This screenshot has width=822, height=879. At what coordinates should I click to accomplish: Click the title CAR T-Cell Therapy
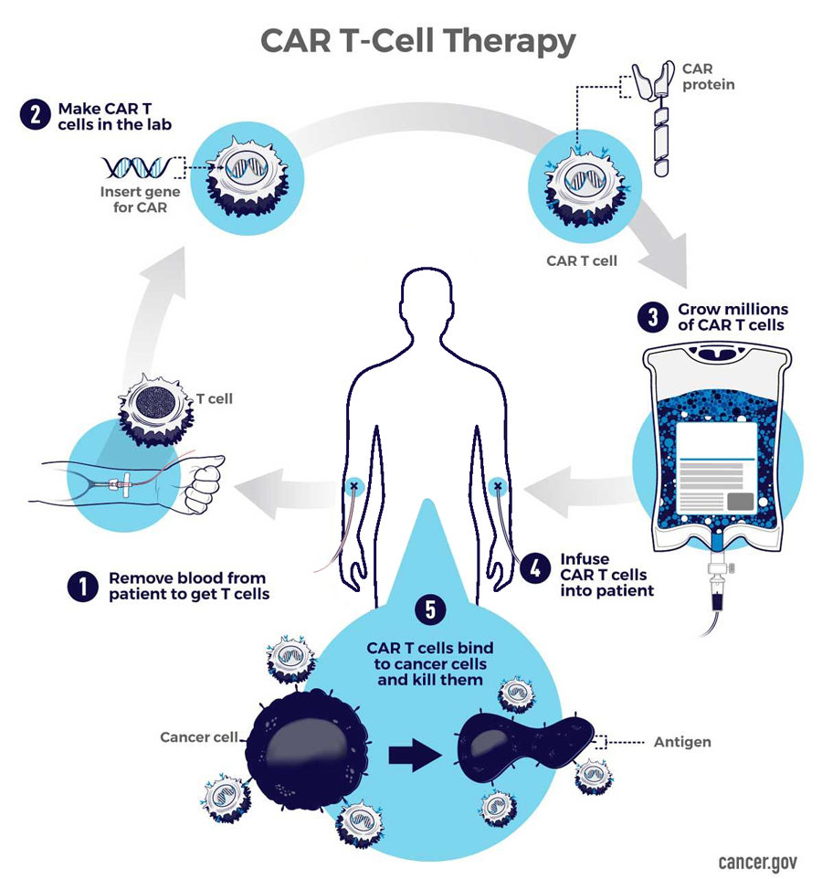pos(417,41)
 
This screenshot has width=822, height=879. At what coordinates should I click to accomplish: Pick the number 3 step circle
pos(651,318)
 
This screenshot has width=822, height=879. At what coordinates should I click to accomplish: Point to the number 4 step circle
pos(532,567)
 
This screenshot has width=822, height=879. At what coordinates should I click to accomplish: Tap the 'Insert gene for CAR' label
pos(140,200)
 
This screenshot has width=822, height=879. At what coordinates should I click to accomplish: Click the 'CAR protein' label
pos(709,77)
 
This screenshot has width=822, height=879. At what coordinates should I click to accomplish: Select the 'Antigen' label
pos(682,742)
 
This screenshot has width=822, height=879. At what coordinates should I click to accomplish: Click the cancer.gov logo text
pos(757,862)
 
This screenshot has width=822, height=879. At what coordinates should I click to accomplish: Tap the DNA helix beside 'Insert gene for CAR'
pos(137,167)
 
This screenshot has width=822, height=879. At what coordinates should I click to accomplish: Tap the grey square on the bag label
pos(740,501)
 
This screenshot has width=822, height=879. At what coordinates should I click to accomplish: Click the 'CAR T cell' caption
pos(582,261)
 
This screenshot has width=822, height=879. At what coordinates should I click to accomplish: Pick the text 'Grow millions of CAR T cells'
pos(732,317)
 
